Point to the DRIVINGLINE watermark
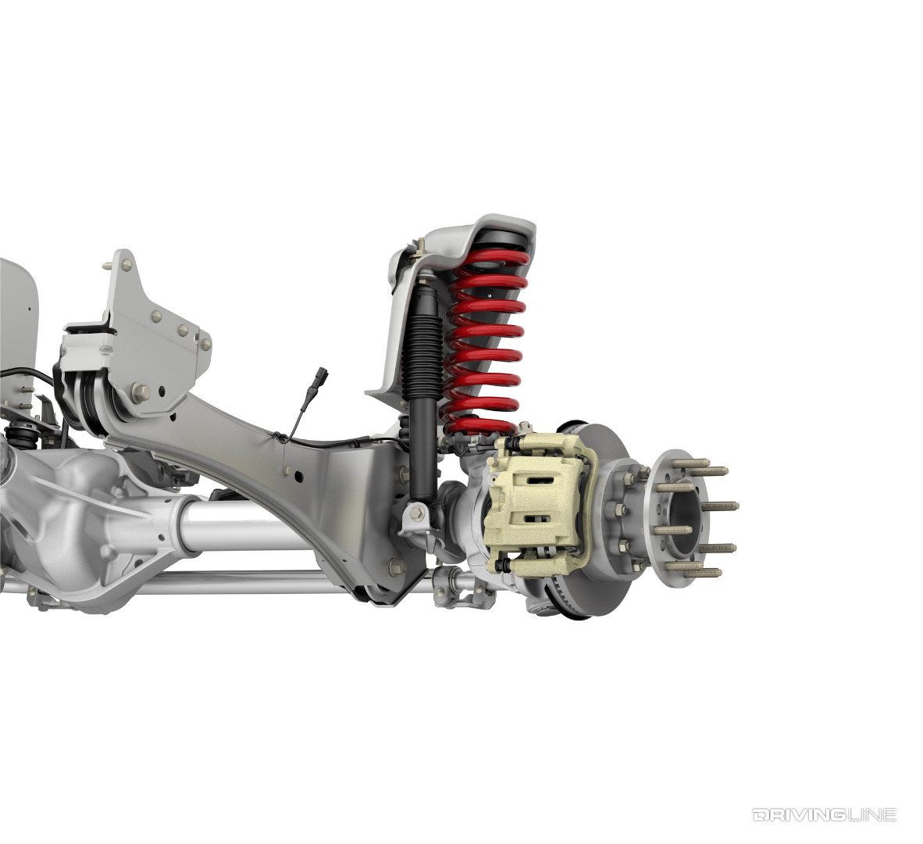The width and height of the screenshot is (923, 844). click(x=824, y=815)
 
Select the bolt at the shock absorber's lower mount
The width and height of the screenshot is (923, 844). click(x=416, y=513)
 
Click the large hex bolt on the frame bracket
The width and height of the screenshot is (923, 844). click(x=141, y=391)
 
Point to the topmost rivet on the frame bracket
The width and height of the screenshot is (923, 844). click(x=105, y=266)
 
